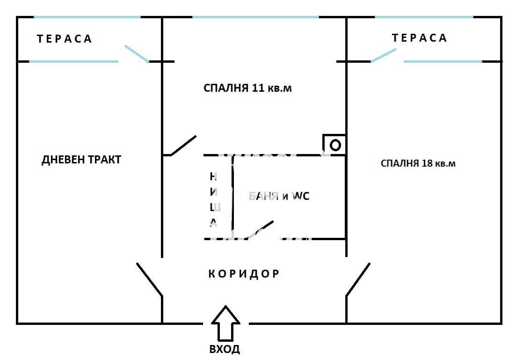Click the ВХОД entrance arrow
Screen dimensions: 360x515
click(225, 323)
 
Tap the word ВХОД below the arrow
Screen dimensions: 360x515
click(225, 349)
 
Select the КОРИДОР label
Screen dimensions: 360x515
click(244, 274)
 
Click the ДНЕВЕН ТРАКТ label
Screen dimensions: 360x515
click(81, 160)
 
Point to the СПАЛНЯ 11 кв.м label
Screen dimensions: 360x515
click(247, 88)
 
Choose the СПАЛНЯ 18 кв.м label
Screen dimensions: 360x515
click(418, 163)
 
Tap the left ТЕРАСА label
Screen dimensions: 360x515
click(65, 39)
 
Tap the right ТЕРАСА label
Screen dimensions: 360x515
click(420, 38)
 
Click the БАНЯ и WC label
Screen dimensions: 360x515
click(279, 197)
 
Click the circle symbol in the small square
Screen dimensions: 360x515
click(335, 145)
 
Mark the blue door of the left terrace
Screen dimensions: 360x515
click(136, 54)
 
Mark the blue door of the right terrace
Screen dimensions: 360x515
click(384, 56)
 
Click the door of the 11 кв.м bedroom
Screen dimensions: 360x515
click(183, 146)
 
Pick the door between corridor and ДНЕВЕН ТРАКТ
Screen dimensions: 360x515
click(149, 279)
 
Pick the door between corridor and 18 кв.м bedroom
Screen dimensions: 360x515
click(358, 279)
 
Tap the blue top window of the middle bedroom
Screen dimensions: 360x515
click(255, 17)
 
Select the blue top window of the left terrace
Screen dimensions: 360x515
click(87, 17)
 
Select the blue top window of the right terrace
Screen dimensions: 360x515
click(424, 17)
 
